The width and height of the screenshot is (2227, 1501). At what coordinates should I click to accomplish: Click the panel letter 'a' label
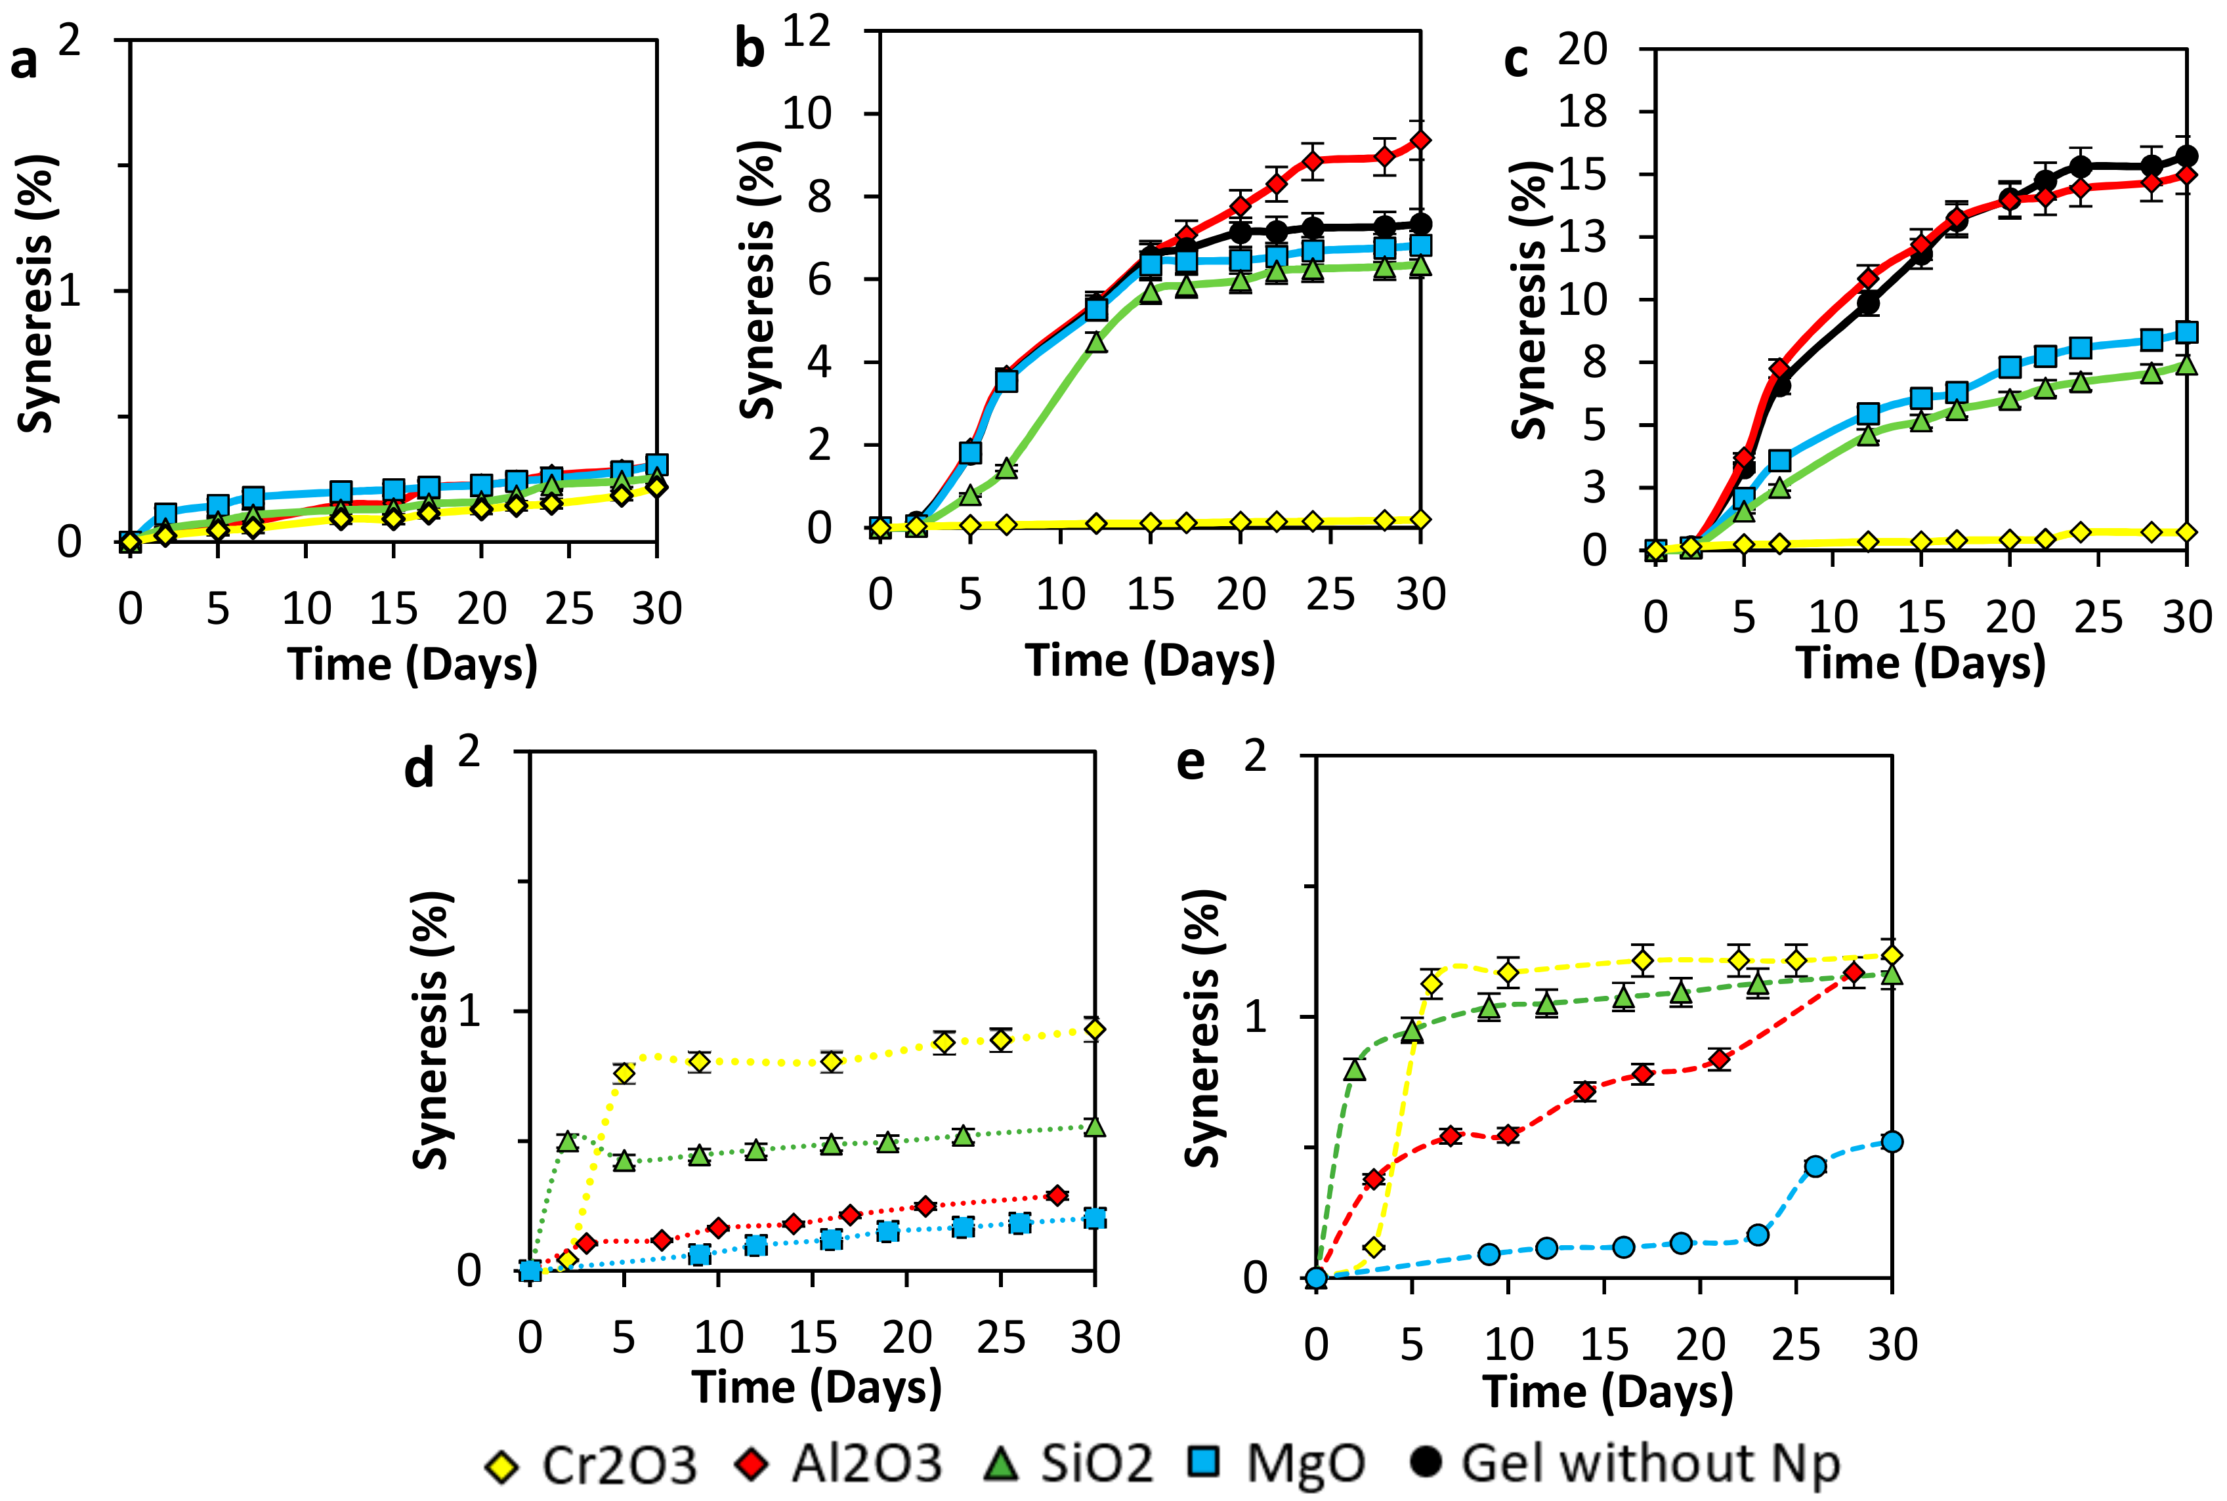(x=24, y=62)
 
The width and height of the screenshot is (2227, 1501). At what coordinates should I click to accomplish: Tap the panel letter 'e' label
(x=1190, y=763)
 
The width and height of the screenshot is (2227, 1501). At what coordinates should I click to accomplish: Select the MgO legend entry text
(x=1305, y=1463)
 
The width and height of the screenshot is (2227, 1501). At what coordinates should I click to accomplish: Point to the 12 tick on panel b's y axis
(x=806, y=31)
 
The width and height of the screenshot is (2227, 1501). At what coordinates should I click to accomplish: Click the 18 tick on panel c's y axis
(x=1582, y=112)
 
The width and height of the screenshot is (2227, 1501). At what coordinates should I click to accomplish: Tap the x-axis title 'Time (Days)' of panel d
(x=817, y=1387)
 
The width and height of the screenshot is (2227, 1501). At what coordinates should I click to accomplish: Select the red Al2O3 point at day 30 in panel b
(x=1420, y=140)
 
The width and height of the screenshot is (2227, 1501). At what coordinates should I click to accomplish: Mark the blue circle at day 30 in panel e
(x=1892, y=1141)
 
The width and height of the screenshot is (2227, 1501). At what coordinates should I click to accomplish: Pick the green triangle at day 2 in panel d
(x=568, y=1140)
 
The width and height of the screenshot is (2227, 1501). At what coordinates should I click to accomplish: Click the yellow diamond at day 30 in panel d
(x=1094, y=1029)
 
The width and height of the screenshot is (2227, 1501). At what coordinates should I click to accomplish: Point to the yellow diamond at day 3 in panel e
(x=1374, y=1247)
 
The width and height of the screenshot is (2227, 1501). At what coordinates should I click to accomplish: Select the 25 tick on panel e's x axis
(x=1795, y=1345)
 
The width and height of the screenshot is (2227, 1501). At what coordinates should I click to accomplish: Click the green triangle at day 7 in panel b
(x=1006, y=467)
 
